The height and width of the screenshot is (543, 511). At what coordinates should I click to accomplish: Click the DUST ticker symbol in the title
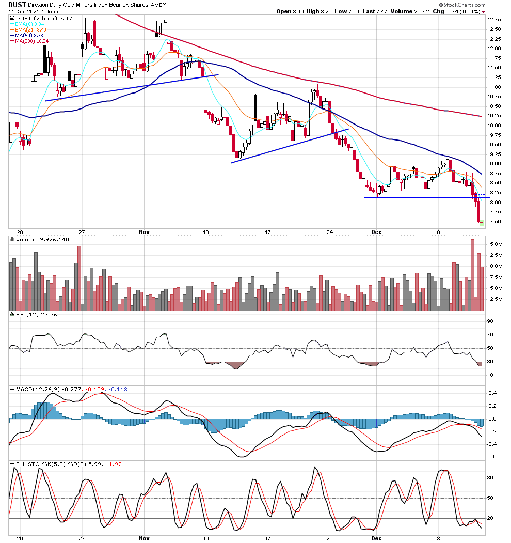point(17,5)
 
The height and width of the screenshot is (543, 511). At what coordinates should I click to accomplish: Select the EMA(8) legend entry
point(29,24)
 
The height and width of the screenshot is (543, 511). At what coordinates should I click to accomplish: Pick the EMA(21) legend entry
point(30,30)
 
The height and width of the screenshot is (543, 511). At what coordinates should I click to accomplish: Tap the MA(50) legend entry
point(29,35)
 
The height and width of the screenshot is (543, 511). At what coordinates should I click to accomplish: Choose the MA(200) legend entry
point(31,41)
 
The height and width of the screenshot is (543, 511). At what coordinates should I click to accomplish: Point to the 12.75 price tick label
point(494,20)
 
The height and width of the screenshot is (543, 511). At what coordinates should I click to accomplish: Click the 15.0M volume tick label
point(494,244)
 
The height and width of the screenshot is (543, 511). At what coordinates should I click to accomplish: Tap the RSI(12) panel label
point(36,315)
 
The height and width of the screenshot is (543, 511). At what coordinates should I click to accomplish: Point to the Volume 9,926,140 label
point(42,240)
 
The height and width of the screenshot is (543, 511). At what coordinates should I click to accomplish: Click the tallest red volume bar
point(473,275)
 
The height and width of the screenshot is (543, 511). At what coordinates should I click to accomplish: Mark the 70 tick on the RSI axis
point(490,335)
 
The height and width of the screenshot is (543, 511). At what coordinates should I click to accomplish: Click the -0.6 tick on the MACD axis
point(492,457)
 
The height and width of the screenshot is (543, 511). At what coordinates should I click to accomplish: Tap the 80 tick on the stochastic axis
point(490,478)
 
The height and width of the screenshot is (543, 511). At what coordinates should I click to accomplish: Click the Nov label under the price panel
point(145,232)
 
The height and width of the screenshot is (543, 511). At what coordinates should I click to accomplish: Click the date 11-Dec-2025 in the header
point(23,11)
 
